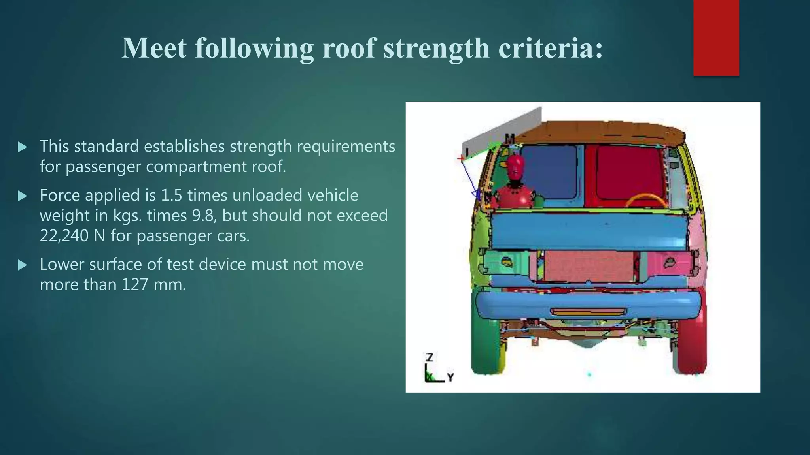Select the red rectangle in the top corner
click(x=716, y=38)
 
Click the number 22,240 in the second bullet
click(x=64, y=236)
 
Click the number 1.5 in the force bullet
click(x=171, y=195)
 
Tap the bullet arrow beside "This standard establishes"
click(x=23, y=147)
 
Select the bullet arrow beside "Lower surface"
click(x=23, y=265)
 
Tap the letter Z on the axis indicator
click(x=430, y=357)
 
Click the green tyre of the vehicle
click(x=486, y=348)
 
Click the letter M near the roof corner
click(x=509, y=139)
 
